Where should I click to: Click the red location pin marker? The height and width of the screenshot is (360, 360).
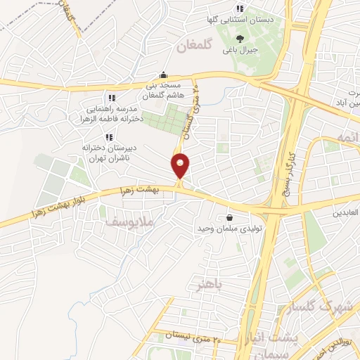(x=181, y=165)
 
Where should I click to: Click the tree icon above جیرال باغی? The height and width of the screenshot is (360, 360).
(x=240, y=39)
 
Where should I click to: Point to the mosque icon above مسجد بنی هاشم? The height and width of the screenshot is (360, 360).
(x=164, y=74)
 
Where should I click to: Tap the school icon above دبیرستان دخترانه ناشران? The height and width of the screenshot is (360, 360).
(x=109, y=136)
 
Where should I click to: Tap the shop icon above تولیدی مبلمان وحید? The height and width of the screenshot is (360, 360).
(x=229, y=218)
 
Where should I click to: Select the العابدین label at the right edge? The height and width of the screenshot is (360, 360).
(x=346, y=211)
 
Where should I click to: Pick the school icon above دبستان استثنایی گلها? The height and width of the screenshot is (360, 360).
(x=240, y=8)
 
